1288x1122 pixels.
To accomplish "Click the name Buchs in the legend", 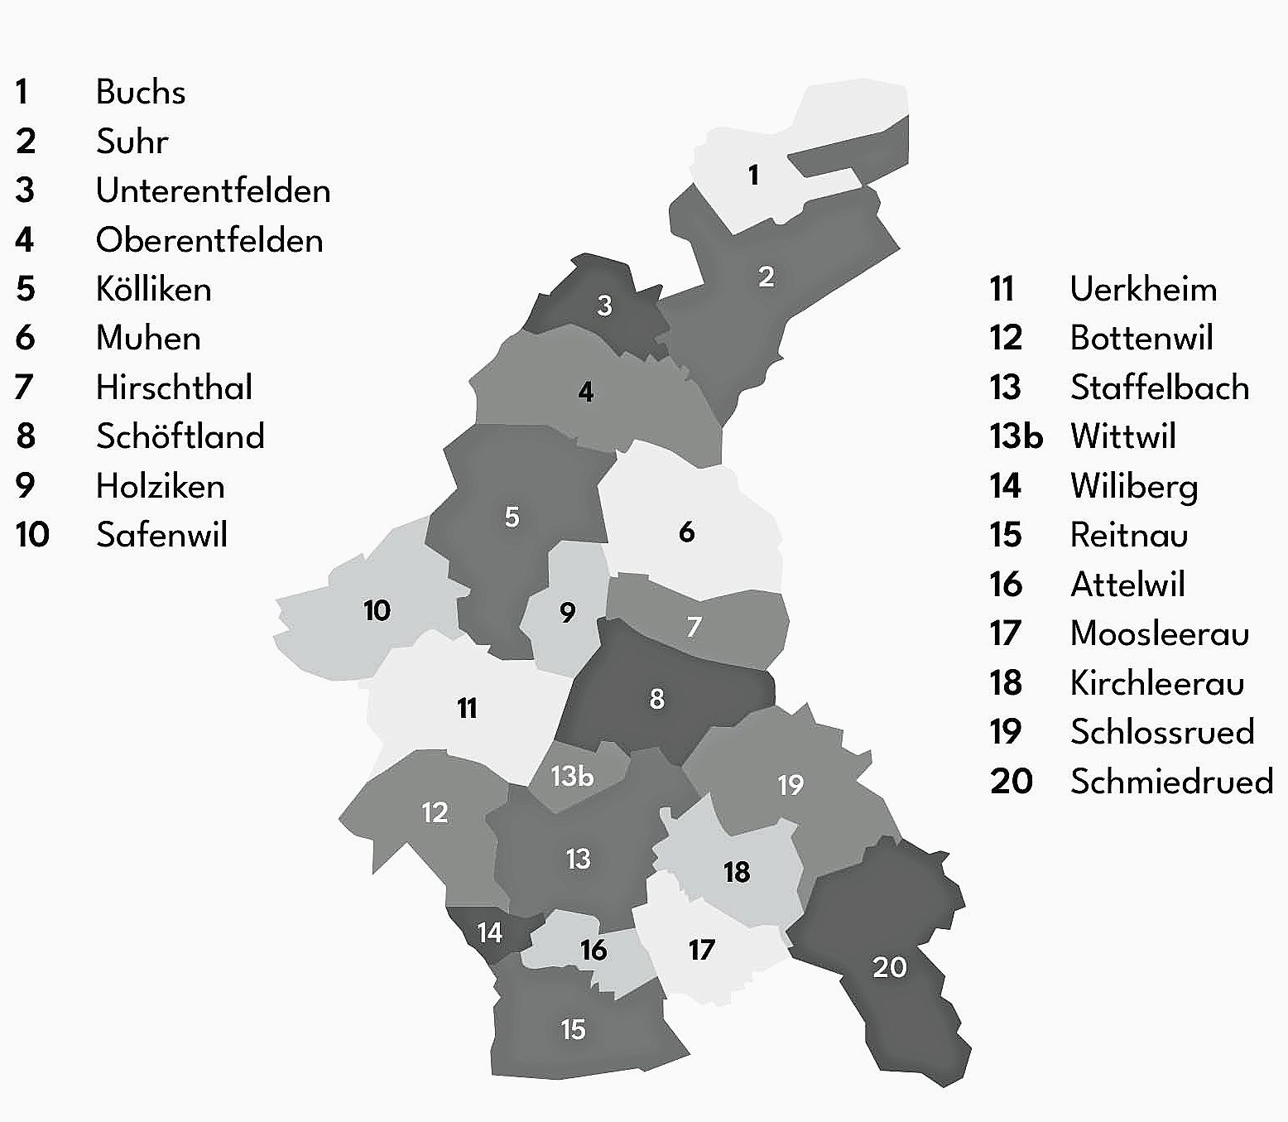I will point(140,92).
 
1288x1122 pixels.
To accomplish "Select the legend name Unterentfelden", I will point(213,190).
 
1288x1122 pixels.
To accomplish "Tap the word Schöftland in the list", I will point(180,436).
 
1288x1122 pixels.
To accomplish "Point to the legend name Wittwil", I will point(1122,436).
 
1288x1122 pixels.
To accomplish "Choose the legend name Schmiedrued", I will point(1171,781).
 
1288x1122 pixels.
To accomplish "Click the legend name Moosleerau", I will point(1159,633).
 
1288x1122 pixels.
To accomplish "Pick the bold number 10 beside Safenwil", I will point(32,535).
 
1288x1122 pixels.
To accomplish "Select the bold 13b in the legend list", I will point(1016,436).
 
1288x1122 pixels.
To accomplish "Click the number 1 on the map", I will point(753,176).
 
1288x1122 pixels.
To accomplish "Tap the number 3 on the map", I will point(604,306).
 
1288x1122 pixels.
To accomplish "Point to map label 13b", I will point(572,776).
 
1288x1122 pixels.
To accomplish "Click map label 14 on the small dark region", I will point(489,933).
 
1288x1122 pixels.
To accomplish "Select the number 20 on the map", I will point(890,967).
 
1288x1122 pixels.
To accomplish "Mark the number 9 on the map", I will point(567,613).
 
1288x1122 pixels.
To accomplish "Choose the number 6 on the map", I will point(686,532).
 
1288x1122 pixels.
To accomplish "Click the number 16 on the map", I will point(593,950).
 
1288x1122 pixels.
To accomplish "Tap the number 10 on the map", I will point(377,610).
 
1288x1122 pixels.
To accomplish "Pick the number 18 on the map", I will point(736,872).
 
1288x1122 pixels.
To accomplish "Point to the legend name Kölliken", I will point(153,289).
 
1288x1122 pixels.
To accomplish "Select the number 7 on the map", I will point(694,627).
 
